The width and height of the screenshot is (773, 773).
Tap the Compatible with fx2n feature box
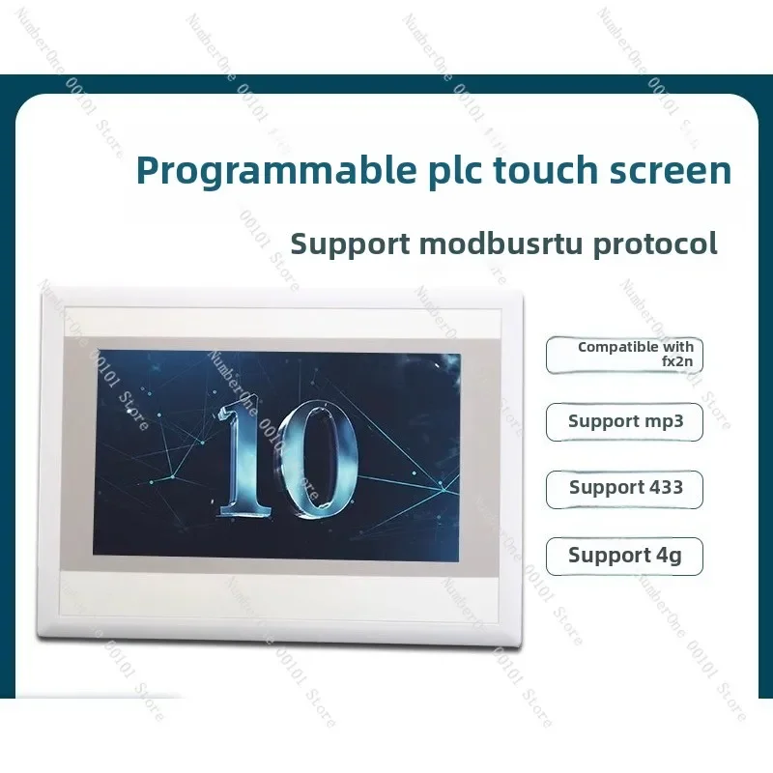pos(624,355)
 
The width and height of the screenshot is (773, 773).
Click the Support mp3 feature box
pos(624,422)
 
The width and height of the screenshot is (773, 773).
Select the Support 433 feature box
pos(624,489)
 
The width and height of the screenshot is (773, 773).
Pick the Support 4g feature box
pos(624,556)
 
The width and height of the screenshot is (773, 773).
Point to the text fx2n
pos(676,363)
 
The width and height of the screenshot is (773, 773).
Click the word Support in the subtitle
pos(346,243)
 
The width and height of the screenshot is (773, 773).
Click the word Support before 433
pos(602,488)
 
